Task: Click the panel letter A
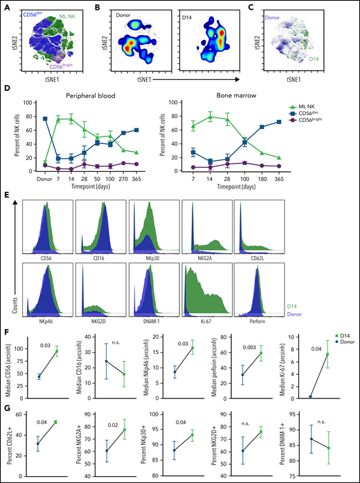[5, 6]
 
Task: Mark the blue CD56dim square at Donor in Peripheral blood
[46, 119]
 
